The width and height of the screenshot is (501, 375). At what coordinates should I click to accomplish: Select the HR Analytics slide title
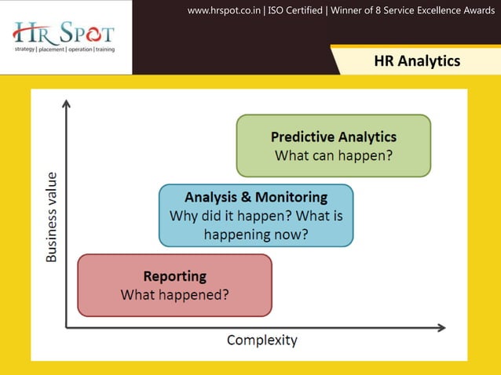click(x=417, y=61)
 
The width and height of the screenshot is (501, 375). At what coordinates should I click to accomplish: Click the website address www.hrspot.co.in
click(x=225, y=10)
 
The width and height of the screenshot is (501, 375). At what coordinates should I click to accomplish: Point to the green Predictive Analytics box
click(x=333, y=145)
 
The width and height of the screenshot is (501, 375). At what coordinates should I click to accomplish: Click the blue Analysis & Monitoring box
click(x=255, y=215)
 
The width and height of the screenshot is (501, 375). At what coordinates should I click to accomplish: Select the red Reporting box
click(x=174, y=285)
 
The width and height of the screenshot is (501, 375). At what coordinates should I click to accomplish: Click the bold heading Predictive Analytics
click(x=333, y=137)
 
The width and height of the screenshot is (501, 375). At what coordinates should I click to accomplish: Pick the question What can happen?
click(x=333, y=155)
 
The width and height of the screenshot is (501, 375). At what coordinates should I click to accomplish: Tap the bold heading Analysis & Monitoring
click(x=255, y=197)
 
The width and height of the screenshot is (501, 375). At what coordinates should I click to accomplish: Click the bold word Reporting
click(x=174, y=276)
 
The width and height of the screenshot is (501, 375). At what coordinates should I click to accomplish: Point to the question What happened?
click(x=174, y=295)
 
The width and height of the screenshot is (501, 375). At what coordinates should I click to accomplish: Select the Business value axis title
click(x=51, y=217)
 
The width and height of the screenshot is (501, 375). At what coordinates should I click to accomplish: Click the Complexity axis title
click(x=261, y=340)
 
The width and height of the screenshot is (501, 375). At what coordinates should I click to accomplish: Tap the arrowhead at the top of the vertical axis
click(x=67, y=103)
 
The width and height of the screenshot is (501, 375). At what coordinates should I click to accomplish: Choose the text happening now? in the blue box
click(x=255, y=234)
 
